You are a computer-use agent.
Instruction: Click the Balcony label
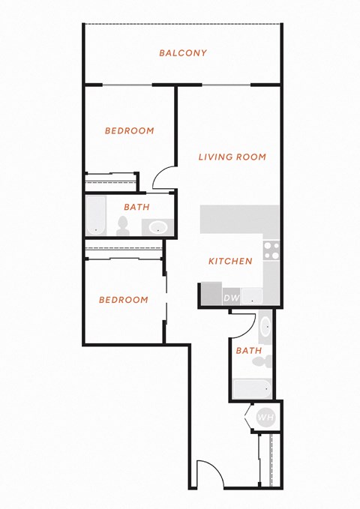[x=183, y=53]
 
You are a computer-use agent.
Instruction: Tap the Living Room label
[x=232, y=157]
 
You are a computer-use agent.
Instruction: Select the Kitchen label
[x=230, y=261]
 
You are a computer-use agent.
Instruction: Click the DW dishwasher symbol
[x=231, y=298]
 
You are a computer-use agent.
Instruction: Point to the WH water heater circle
[x=265, y=417]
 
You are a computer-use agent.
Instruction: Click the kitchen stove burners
[x=271, y=250]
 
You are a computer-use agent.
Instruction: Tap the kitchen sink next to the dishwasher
[x=252, y=296]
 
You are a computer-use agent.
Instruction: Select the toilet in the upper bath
[x=123, y=226]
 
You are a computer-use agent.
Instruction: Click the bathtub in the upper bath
[x=96, y=216]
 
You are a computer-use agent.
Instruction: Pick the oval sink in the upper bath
[x=158, y=227]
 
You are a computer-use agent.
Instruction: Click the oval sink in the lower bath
[x=265, y=326]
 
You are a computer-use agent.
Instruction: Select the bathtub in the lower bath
[x=253, y=389]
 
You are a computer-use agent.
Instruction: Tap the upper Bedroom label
[x=129, y=131]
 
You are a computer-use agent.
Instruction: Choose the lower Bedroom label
[x=124, y=300]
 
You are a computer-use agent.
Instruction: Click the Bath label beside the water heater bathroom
[x=249, y=351]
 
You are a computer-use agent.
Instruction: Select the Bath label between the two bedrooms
[x=136, y=207]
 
